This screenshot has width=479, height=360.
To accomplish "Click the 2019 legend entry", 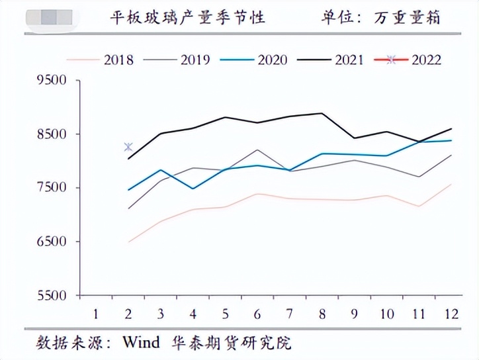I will (182, 60).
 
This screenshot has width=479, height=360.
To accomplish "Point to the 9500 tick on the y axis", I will (52, 81).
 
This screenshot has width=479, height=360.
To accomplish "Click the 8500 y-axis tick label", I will (52, 134).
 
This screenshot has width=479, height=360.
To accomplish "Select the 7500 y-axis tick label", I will (52, 188).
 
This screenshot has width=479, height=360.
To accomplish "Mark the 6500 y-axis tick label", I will (52, 242).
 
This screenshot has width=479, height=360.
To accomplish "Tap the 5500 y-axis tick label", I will (52, 295).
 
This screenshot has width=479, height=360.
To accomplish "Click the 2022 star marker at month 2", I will (128, 147).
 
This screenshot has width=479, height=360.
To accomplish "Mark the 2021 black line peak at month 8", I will (322, 113).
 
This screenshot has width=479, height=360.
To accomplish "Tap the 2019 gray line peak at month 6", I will (257, 150).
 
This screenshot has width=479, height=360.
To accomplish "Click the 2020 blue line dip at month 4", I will (193, 189).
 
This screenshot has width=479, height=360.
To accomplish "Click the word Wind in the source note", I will (142, 343).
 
